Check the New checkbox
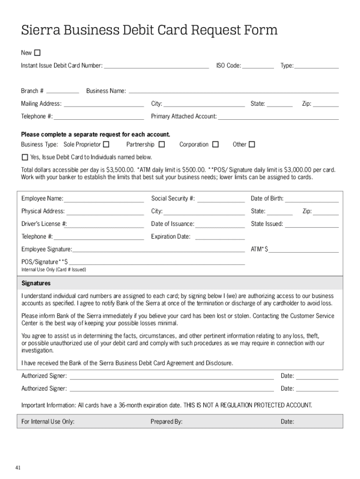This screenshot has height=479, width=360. (37, 52)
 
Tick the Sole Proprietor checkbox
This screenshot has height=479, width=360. (107, 145)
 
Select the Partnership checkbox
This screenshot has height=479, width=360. (162, 145)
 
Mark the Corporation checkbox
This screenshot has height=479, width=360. (215, 145)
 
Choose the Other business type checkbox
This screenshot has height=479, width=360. (252, 145)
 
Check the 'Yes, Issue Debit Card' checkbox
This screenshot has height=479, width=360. (25, 157)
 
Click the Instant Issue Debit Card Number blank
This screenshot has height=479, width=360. (156, 66)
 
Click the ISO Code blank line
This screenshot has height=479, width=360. (258, 66)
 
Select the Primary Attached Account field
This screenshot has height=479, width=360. (278, 117)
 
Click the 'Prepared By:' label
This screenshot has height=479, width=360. (166, 421)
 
